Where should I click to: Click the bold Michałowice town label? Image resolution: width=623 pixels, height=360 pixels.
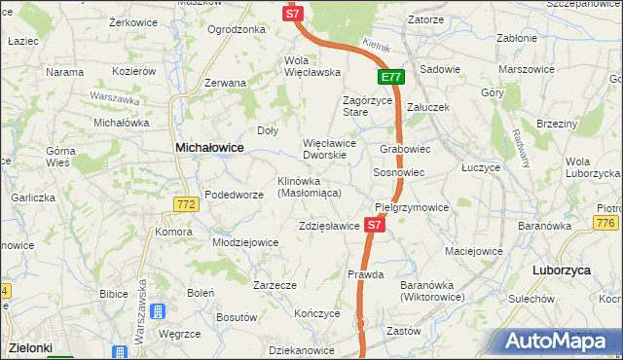(x=208, y=147)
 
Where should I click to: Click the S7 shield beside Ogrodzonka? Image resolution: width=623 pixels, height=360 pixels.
(x=295, y=14)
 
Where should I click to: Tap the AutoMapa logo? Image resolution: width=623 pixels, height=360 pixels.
(x=560, y=341)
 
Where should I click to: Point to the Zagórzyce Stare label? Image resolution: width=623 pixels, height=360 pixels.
(x=368, y=106)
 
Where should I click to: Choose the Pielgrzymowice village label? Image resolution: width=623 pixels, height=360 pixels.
(x=412, y=208)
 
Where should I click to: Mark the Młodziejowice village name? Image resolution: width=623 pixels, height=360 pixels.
(x=245, y=242)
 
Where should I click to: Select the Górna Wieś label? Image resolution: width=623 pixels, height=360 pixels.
(x=67, y=158)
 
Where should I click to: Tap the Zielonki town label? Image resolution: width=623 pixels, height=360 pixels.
(x=30, y=346)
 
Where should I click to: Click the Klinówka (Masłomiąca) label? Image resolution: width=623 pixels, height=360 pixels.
(x=309, y=187)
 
